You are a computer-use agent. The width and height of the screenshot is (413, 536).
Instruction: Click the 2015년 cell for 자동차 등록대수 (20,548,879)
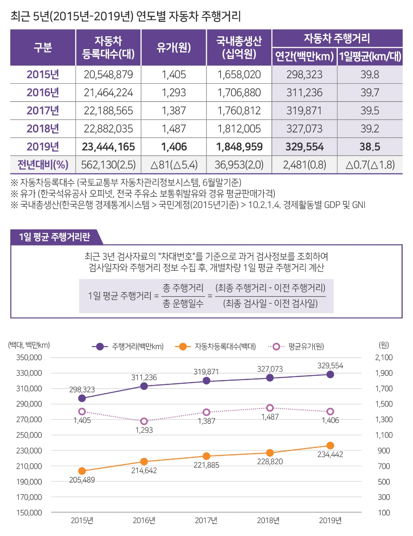[x=108, y=75]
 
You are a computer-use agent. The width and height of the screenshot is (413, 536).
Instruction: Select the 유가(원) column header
[x=173, y=47]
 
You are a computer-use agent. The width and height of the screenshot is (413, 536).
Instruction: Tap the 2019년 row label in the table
[x=43, y=146]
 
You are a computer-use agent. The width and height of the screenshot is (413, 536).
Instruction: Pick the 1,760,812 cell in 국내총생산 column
[x=239, y=111]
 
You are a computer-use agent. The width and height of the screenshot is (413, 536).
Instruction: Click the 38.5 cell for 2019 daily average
[x=370, y=146]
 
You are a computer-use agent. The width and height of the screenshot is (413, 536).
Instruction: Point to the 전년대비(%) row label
[x=43, y=165]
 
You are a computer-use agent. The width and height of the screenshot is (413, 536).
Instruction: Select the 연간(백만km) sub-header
[x=304, y=57]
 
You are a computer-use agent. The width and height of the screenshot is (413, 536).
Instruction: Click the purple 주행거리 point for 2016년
[x=144, y=386]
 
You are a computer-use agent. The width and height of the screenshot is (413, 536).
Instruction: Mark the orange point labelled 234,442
[x=330, y=446]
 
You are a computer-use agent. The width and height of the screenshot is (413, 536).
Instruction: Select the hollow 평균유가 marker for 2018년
[x=270, y=408]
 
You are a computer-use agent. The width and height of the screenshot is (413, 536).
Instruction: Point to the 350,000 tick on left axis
[x=29, y=357]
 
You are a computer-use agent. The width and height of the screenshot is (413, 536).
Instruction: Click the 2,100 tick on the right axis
[x=384, y=357]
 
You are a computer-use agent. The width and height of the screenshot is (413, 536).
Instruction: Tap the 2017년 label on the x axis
[x=206, y=520]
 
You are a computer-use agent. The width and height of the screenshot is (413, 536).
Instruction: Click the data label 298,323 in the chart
[x=82, y=390]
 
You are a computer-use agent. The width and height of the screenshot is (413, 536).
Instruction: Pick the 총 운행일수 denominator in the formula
[x=183, y=304]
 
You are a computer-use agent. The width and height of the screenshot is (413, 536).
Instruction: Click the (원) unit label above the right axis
[x=384, y=345]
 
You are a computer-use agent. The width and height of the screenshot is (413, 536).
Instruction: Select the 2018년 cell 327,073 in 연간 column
[x=304, y=129]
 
